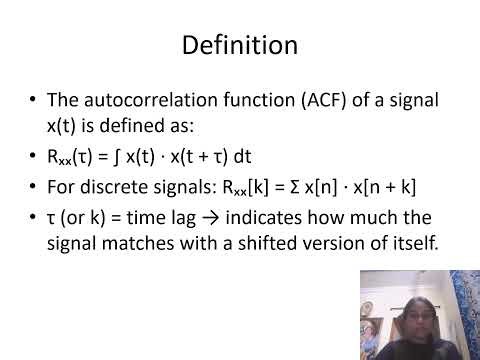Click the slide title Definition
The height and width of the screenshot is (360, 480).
click(240, 45)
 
